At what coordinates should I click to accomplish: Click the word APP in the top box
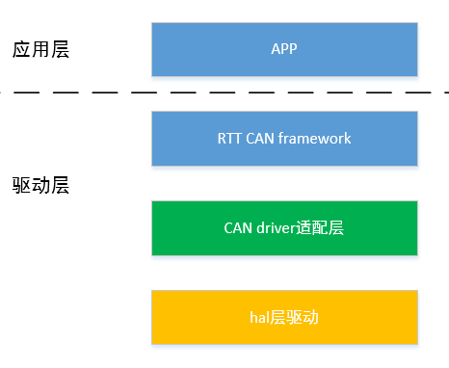click(x=284, y=49)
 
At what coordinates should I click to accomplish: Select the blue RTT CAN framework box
click(x=284, y=138)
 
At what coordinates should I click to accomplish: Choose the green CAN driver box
click(x=284, y=228)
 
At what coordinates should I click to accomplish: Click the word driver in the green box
click(x=279, y=228)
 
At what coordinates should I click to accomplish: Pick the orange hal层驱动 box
click(x=284, y=317)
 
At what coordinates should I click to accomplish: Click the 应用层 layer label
click(x=40, y=49)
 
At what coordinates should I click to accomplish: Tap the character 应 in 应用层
click(x=21, y=49)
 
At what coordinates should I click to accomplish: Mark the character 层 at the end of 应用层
click(x=60, y=49)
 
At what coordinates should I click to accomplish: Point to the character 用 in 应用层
click(x=40, y=49)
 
